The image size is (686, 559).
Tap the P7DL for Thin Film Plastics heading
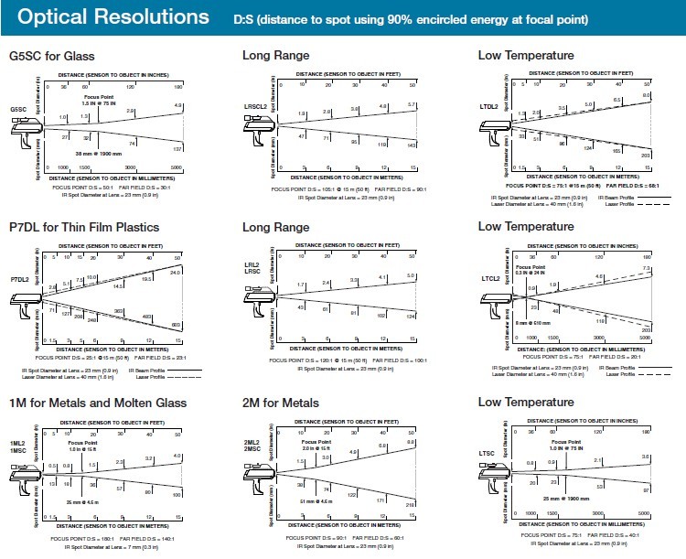84,227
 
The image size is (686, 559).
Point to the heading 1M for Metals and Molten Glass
97,403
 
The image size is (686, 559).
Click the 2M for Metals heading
281,403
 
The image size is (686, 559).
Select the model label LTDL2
489,106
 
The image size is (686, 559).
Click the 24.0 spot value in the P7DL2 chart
177,272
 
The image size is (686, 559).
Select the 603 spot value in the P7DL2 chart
177,326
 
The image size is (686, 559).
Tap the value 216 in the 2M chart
411,505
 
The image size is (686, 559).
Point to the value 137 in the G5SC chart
177,147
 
